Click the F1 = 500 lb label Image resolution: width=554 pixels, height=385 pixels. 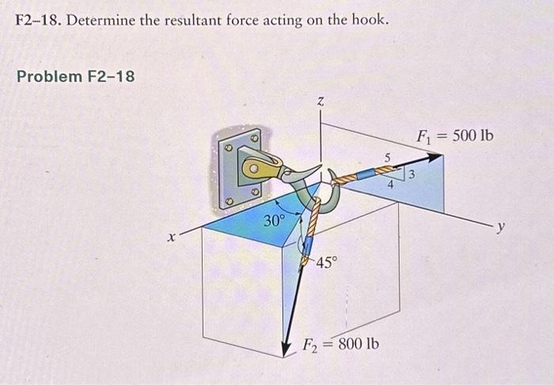454,135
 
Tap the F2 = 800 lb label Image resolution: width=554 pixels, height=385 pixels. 342,345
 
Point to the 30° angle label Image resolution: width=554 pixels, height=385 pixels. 274,221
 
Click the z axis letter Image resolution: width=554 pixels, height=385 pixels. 321,100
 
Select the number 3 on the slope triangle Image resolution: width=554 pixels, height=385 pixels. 413,176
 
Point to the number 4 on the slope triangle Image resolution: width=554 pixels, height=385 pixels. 390,184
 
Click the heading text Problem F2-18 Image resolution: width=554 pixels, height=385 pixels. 76,77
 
